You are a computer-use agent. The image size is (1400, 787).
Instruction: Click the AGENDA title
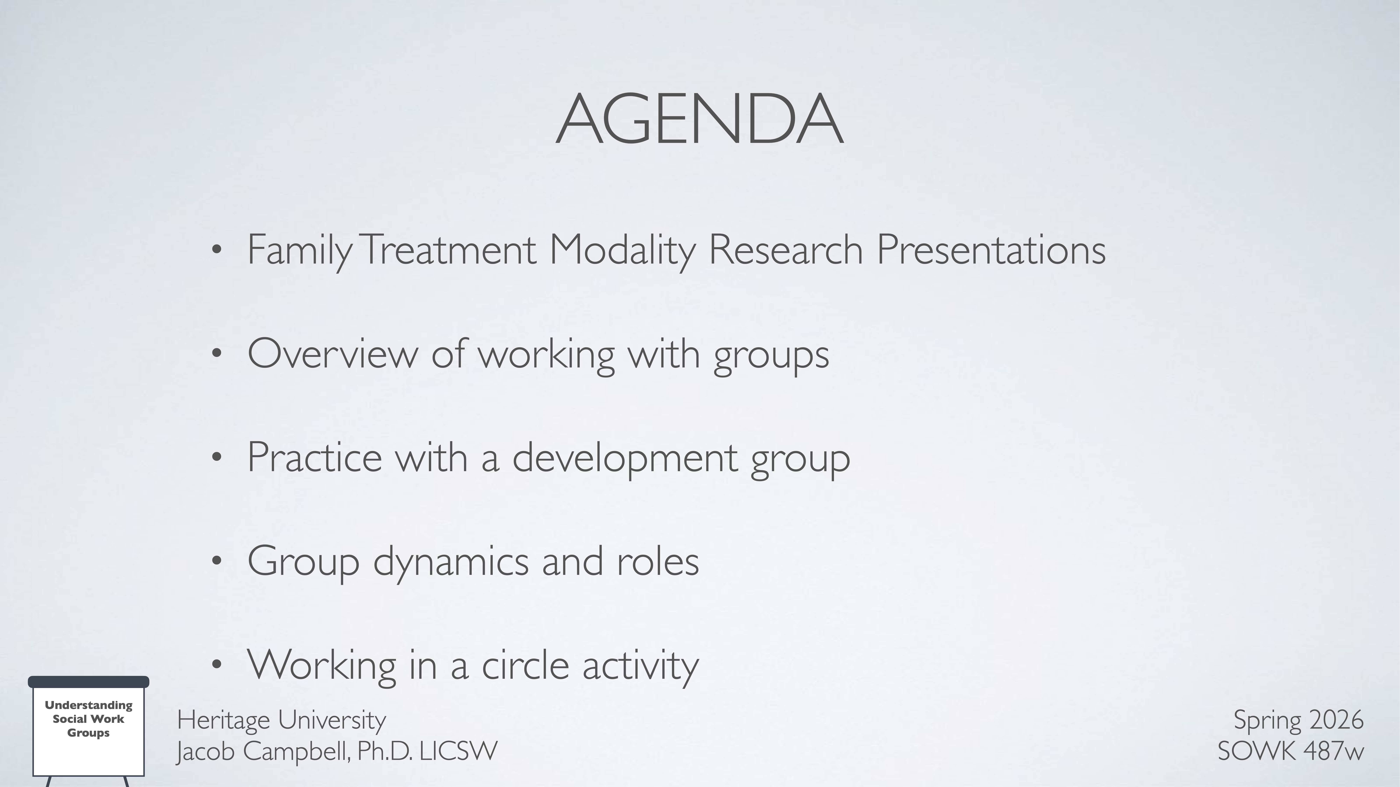click(699, 119)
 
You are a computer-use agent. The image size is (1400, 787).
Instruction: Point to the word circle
click(525, 665)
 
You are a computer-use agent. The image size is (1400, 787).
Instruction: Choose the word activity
click(640, 665)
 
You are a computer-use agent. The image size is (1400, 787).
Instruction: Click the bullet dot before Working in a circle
click(217, 664)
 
